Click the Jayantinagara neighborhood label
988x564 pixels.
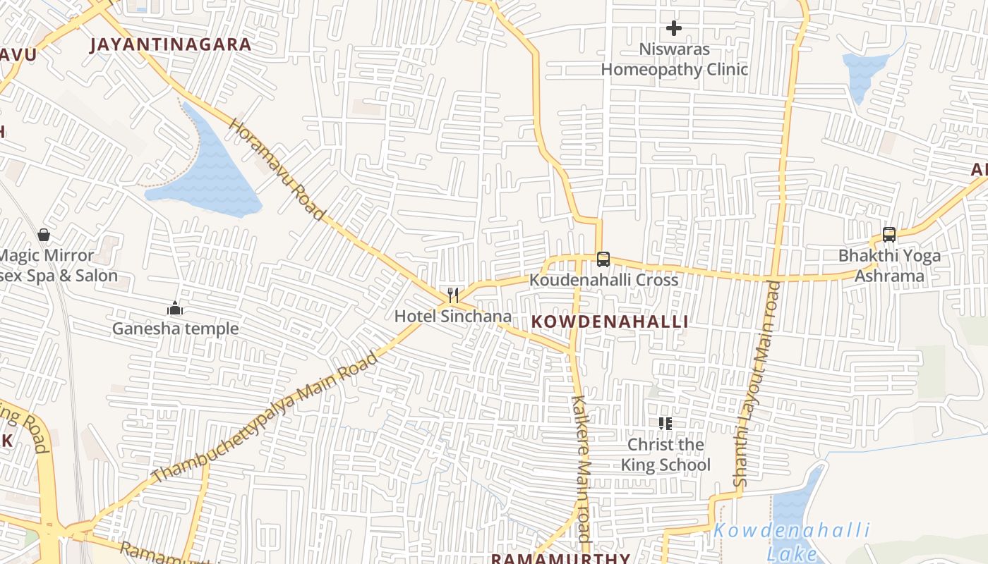[x=171, y=44]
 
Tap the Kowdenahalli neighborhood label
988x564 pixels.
[x=610, y=321]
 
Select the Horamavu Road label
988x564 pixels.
[x=277, y=168]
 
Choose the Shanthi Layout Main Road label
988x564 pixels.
[x=758, y=384]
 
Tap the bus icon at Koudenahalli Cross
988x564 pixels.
[x=603, y=259]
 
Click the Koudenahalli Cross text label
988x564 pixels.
[x=603, y=280]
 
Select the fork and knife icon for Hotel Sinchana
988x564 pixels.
[x=453, y=295]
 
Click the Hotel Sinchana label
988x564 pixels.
[x=452, y=316]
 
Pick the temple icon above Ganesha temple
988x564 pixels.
[x=175, y=308]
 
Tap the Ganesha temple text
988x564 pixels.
[x=176, y=329]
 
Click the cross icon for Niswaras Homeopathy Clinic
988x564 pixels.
[x=674, y=28]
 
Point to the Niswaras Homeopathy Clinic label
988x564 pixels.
[x=674, y=59]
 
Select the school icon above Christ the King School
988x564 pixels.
[x=665, y=423]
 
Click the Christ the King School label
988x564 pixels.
[x=665, y=455]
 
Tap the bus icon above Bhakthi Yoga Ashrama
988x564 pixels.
[x=889, y=235]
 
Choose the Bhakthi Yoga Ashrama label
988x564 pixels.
[x=889, y=265]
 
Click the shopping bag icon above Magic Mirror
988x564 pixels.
[x=44, y=235]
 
